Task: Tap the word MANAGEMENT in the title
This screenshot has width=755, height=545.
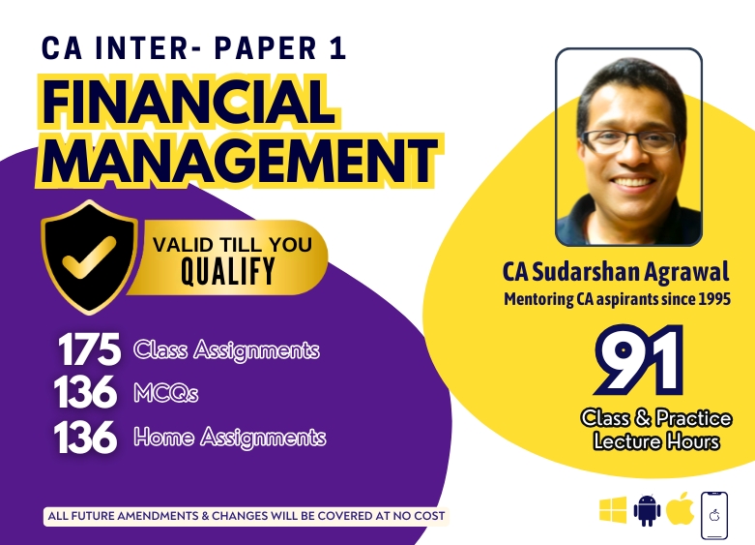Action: [240, 161]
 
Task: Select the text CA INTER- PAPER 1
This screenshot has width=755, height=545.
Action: [193, 47]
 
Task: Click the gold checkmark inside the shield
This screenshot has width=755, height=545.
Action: [89, 257]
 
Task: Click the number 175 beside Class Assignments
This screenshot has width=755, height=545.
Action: [89, 349]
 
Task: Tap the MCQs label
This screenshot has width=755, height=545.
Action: [165, 393]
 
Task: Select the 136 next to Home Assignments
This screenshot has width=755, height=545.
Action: [86, 437]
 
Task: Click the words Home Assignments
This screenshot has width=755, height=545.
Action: [230, 438]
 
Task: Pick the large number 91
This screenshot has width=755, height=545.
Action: [639, 360]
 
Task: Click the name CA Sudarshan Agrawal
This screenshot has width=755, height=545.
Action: [616, 272]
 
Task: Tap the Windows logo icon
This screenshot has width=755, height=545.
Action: [613, 510]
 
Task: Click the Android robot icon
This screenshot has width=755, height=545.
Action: [647, 510]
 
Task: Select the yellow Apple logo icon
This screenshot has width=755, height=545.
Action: [680, 508]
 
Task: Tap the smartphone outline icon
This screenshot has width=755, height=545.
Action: [714, 515]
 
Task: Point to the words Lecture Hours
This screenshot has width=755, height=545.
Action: [656, 441]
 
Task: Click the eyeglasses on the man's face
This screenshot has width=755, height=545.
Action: [629, 141]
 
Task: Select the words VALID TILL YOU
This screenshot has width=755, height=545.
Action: [232, 245]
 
